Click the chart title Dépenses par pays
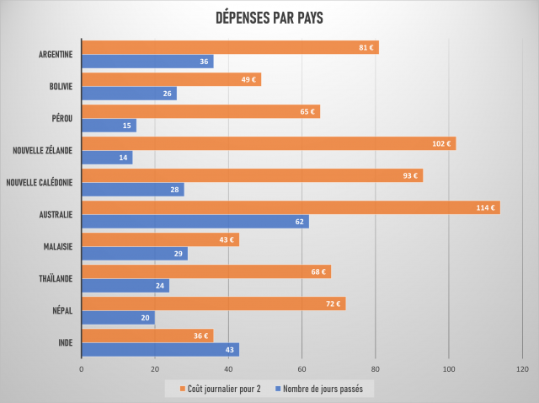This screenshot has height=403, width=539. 269,18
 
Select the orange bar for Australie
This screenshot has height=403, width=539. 291,207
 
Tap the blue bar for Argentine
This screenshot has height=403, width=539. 147,62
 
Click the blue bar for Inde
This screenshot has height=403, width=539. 160,349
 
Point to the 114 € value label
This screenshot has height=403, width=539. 487,207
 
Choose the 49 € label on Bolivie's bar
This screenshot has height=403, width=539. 248,79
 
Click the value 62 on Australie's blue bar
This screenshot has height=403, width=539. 300,222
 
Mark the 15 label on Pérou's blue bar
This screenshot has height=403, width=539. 126,126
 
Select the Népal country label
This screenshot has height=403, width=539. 61,310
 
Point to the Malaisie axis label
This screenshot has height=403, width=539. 56,246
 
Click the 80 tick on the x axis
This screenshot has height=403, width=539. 376,369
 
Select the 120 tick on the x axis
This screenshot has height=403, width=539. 522,369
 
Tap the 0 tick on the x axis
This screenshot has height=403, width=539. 82,369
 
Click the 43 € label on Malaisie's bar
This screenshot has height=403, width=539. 226,239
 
